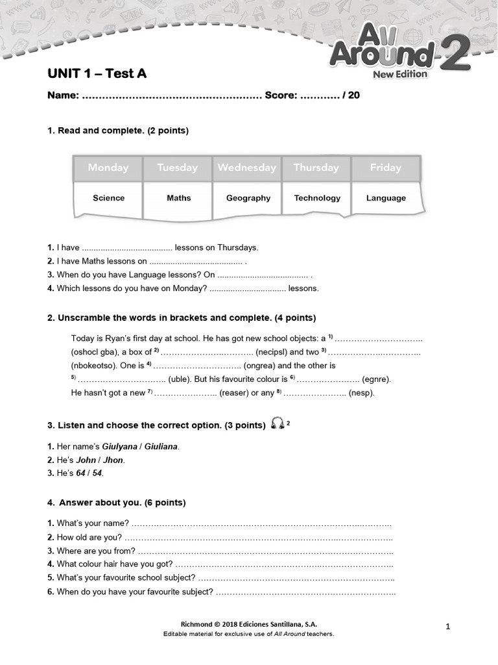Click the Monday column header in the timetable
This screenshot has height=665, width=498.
pos(108,168)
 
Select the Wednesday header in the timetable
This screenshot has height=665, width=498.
pos(246,168)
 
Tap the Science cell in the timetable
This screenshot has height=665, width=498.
pos(108,198)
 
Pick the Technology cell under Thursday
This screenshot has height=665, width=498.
pos(317,198)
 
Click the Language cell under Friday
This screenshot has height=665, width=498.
pos(386,198)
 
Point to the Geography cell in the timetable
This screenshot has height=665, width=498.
pos(248,198)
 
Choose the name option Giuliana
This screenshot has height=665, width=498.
pos(161,447)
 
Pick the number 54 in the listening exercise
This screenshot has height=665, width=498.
pos(97,473)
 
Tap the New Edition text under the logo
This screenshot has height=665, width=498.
pos(400,74)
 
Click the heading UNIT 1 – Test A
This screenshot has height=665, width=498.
pos(97,73)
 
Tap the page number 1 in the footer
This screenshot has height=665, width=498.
pos(448,626)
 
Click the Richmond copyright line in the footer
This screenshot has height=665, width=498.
pos(248,623)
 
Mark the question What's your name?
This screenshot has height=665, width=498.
pos(93,523)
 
